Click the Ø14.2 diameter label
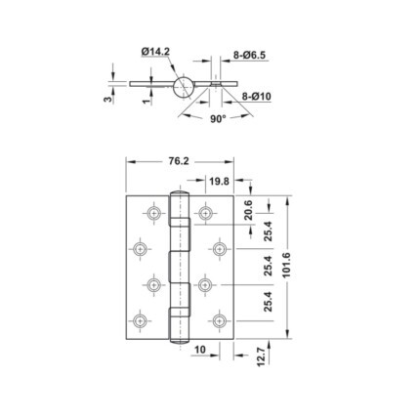[x=155, y=52]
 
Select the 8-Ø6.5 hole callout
[x=249, y=56]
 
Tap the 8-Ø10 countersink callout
[x=256, y=97]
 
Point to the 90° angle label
[x=218, y=119]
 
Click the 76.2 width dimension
[x=179, y=161]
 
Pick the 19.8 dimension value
[x=219, y=181]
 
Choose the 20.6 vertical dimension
[x=249, y=210]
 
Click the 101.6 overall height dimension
[x=286, y=266]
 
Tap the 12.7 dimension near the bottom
[x=262, y=357]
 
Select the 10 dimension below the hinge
[x=200, y=350]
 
